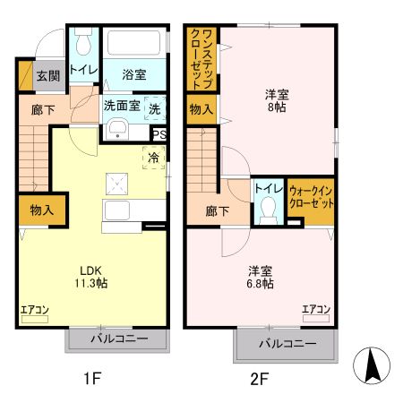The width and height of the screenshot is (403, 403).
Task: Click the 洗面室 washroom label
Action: [x=121, y=105]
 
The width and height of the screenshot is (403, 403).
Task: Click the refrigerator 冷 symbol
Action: [x=153, y=158]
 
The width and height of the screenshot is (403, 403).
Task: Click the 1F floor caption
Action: [x=92, y=379]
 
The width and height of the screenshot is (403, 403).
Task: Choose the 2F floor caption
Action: [x=259, y=379]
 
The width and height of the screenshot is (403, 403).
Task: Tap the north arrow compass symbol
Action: [x=375, y=365]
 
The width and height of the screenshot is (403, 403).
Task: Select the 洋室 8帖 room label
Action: [x=276, y=100]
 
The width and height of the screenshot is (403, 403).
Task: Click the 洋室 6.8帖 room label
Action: [x=260, y=276]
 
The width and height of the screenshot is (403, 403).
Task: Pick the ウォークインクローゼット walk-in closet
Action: [x=311, y=198]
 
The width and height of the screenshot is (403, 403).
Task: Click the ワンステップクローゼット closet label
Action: [x=200, y=59]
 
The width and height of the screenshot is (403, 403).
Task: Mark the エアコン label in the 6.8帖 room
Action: [x=315, y=310]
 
